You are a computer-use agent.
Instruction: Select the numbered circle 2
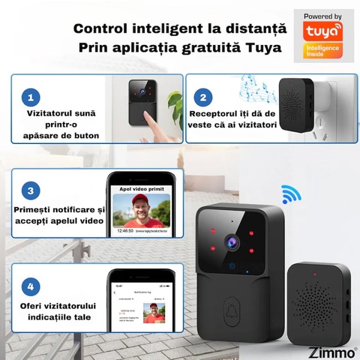coord(203,98)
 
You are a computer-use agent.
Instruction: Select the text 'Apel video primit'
coord(142,189)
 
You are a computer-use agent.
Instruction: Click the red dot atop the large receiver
coord(315,274)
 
